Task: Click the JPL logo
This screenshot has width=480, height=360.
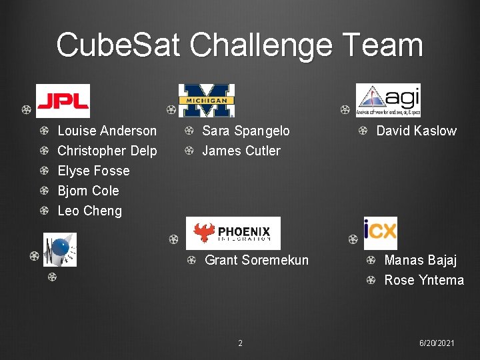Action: click(x=62, y=101)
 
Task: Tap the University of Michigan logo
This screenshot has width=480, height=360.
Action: click(x=206, y=101)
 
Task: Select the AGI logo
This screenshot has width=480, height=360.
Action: click(x=388, y=100)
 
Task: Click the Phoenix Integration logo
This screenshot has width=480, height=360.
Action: click(x=233, y=233)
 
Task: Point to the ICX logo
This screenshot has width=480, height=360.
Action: click(x=380, y=233)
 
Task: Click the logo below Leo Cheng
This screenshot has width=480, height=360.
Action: click(x=60, y=249)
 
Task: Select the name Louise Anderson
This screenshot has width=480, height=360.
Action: click(x=107, y=131)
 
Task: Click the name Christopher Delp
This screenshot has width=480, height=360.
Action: click(x=107, y=151)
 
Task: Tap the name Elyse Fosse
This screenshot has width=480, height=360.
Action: click(x=93, y=171)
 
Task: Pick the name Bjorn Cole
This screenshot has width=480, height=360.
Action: click(x=88, y=191)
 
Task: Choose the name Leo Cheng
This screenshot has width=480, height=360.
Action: click(x=89, y=211)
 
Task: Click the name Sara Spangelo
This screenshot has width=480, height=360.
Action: click(x=245, y=131)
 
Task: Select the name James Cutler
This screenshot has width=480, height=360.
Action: click(x=241, y=151)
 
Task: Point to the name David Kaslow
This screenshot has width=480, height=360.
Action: click(x=416, y=131)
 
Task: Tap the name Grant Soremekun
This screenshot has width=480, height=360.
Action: click(x=257, y=260)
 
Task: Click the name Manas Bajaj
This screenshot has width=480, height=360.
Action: click(x=420, y=260)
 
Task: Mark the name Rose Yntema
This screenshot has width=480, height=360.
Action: click(x=424, y=280)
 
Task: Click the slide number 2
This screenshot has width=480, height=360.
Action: click(x=240, y=343)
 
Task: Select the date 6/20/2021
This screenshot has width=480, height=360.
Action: click(x=437, y=343)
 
